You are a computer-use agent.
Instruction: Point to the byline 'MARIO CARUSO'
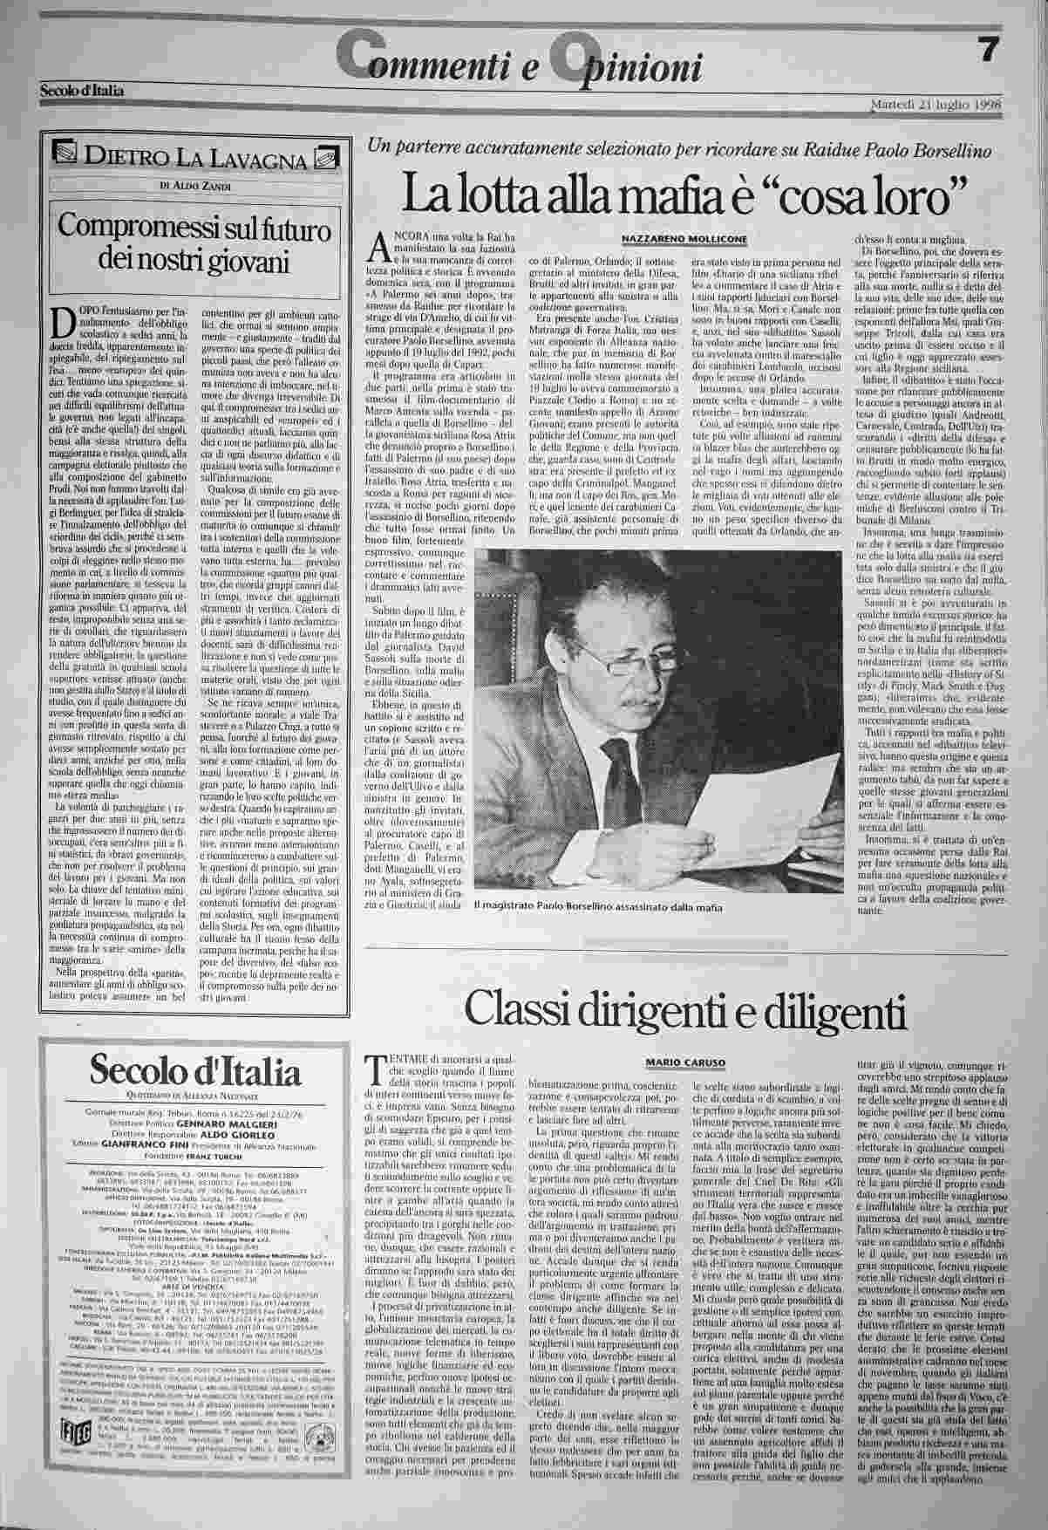point(684,1060)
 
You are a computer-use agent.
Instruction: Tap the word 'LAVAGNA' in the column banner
point(259,160)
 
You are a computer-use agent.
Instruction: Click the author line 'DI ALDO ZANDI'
point(191,185)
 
